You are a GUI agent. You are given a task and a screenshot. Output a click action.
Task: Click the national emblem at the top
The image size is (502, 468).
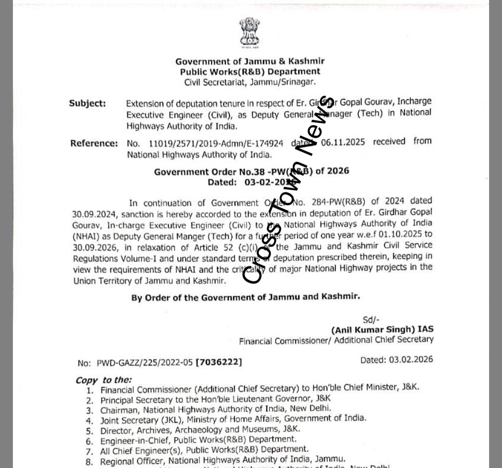point(249,32)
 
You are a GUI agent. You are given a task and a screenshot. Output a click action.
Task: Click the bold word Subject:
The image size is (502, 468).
point(87,103)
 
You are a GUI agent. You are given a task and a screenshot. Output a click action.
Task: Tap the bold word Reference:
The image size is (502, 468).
point(94,144)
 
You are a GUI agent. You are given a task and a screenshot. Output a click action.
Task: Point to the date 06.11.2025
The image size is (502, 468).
point(343,142)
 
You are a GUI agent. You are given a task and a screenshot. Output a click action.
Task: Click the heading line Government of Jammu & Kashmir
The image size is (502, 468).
point(250,62)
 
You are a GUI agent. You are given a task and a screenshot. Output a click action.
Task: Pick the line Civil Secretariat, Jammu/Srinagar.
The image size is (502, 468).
point(250,82)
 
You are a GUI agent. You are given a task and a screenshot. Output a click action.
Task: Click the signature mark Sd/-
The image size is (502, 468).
point(371,319)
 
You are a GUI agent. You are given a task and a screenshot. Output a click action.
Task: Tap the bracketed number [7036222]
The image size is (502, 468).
point(219,362)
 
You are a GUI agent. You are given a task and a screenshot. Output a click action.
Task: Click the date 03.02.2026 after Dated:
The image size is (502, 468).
point(411,359)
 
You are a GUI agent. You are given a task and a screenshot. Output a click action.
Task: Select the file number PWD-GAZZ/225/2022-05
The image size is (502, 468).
point(144,363)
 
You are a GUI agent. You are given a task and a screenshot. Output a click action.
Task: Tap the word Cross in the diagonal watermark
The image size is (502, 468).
point(262,254)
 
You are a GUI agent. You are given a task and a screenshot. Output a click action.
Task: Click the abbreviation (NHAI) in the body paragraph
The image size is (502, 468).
point(86,237)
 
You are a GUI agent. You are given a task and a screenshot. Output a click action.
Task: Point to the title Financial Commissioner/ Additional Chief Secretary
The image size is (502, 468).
point(336,340)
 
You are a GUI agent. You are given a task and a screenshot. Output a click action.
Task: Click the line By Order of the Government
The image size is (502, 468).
point(245,297)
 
